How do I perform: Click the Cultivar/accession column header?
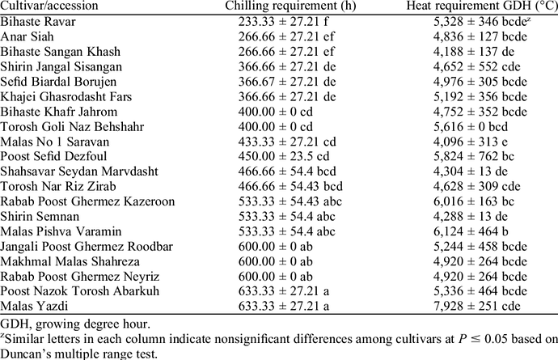pyautogui.click(x=49, y=6)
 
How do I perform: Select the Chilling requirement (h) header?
pyautogui.click(x=290, y=6)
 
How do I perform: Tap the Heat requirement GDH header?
pyautogui.click(x=482, y=6)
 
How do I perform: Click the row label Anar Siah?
pyautogui.click(x=27, y=36)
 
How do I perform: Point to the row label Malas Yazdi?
pyautogui.click(x=34, y=306)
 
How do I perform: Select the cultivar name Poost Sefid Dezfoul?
pyautogui.click(x=53, y=156)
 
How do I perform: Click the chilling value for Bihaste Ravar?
pyautogui.click(x=283, y=22)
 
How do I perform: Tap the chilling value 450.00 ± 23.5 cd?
pyautogui.click(x=284, y=156)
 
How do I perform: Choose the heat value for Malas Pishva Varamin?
pyautogui.click(x=471, y=231)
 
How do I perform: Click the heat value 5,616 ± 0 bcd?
pyautogui.click(x=471, y=126)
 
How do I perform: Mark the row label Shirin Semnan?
pyautogui.click(x=40, y=216)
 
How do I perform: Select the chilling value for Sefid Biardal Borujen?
pyautogui.click(x=287, y=82)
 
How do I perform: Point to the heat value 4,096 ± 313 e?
pyautogui.click(x=471, y=142)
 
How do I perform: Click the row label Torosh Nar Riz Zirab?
pyautogui.click(x=58, y=186)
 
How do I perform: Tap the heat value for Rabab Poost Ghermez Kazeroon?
pyautogui.click(x=474, y=201)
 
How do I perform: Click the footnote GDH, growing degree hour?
pyautogui.click(x=75, y=324)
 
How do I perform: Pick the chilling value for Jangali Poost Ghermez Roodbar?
pyautogui.click(x=276, y=246)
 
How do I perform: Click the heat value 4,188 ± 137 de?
pyautogui.click(x=474, y=52)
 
